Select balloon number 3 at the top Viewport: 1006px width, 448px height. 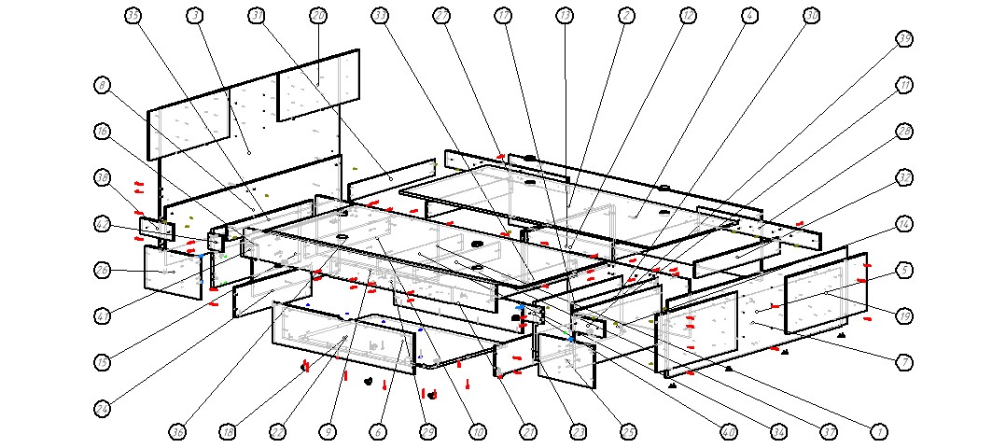pos(195,15)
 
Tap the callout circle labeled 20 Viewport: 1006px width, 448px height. pos(318,15)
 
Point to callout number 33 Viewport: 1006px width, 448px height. pos(380,15)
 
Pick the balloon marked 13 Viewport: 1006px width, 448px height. pos(564,15)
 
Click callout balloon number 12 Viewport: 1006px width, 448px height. pos(688,15)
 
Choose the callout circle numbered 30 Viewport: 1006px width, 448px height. pos(811,15)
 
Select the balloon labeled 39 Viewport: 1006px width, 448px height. pos(903,38)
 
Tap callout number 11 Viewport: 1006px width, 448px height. pos(903,85)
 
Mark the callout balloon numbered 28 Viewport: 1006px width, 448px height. pos(903,132)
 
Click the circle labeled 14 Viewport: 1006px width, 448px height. pos(903,224)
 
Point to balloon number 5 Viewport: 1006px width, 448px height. pos(903,271)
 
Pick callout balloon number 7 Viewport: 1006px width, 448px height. pos(903,362)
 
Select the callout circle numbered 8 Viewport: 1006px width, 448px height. pos(102,85)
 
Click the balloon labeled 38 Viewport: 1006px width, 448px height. pos(102,177)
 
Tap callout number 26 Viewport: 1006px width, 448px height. pos(102,271)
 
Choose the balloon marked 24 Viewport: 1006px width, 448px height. pos(102,409)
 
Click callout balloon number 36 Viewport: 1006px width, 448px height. pos(177,432)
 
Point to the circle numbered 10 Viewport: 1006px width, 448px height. pos(478,432)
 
